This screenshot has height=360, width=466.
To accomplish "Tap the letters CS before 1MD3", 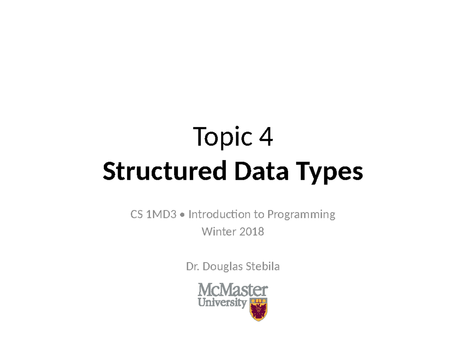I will pos(136,214).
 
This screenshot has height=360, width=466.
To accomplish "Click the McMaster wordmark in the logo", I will pos(233,290).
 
